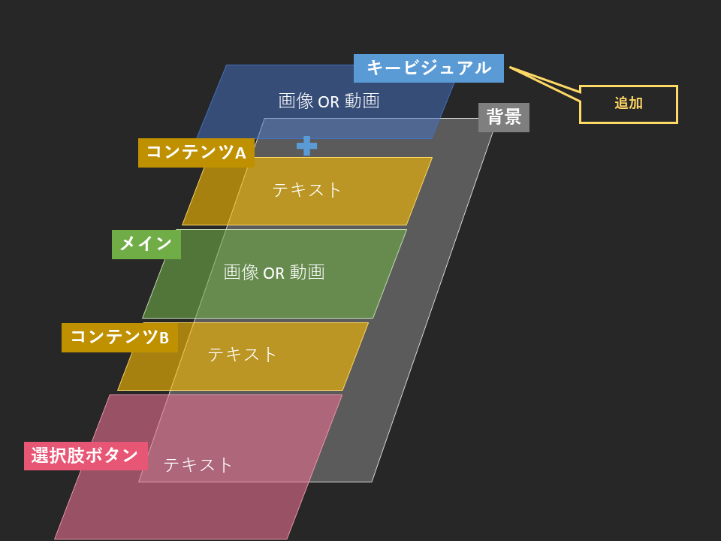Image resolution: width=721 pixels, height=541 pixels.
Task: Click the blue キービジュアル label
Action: coord(429,68)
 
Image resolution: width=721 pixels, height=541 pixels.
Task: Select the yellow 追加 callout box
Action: coord(628,104)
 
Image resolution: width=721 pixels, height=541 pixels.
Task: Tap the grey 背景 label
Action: coord(503,117)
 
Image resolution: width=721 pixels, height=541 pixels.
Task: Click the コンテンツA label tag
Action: coord(196,153)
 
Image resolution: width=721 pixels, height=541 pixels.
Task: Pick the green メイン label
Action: coord(146,244)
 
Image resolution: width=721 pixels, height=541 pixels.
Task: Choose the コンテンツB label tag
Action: coord(119,337)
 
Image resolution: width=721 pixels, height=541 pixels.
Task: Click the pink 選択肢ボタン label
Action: coord(86,456)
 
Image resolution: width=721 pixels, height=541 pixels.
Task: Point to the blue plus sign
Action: coord(306,146)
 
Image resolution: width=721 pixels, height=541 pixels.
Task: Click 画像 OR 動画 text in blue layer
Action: coord(329,101)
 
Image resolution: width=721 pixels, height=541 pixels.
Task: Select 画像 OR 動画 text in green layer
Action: coord(274,272)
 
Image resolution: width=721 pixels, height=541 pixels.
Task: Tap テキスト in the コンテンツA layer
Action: coord(306,189)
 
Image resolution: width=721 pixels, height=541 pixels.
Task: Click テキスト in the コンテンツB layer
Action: coord(242,354)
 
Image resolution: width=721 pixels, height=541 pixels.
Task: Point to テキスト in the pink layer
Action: coord(198,464)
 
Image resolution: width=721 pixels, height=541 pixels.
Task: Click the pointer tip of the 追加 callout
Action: coord(510,68)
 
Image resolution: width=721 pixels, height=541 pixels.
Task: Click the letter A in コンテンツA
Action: coord(240,153)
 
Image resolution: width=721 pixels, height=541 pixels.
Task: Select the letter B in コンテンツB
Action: coord(164,338)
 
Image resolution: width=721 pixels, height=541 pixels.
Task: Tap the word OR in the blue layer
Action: coord(329,101)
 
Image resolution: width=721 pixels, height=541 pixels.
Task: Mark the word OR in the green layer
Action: coord(273,274)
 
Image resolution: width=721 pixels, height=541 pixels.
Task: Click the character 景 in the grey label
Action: coord(513,117)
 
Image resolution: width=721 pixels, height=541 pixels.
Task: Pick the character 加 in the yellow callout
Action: coord(636,103)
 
